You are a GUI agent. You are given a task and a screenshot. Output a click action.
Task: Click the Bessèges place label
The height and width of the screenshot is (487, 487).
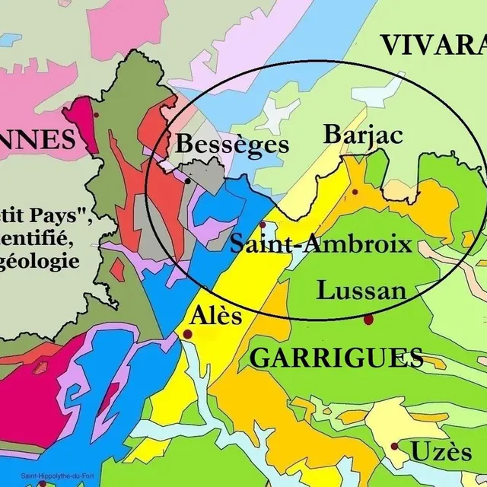[232, 145]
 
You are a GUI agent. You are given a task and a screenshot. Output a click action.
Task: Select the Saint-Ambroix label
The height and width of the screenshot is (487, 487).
[320, 245]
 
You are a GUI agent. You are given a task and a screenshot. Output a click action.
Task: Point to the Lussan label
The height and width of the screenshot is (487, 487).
[361, 291]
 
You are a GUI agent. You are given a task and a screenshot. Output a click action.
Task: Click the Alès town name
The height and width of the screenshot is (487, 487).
[217, 314]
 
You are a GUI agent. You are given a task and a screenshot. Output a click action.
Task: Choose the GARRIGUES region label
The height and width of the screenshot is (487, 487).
[336, 358]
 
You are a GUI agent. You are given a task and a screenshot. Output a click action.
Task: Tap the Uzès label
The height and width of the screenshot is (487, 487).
[441, 452]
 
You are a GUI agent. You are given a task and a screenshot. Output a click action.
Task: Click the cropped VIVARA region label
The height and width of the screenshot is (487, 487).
[433, 46]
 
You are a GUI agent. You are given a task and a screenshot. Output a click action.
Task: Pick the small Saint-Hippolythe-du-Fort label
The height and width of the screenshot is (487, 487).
[57, 477]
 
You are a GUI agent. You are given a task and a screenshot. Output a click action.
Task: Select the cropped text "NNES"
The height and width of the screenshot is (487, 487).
[38, 140]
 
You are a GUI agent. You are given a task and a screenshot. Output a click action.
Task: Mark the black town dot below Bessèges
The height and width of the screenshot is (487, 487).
[187, 181]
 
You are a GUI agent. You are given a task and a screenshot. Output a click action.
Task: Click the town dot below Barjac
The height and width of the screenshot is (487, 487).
[355, 192]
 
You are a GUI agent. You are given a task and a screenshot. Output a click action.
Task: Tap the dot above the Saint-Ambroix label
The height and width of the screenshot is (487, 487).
[263, 224]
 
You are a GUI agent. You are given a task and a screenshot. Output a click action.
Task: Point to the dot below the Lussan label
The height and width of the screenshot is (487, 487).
[368, 320]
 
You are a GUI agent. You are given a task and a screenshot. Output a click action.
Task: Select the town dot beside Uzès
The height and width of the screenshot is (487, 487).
[394, 447]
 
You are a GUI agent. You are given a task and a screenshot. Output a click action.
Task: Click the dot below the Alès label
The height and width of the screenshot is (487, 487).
[186, 335]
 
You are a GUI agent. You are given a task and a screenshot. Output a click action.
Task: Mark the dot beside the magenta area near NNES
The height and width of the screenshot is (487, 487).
[97, 114]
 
